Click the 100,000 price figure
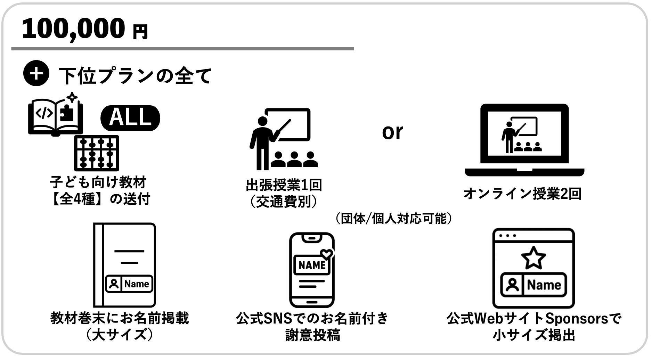[73, 28]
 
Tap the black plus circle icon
[36, 73]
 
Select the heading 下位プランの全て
[135, 75]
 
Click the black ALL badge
[130, 118]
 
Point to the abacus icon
[97, 153]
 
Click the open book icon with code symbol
[56, 115]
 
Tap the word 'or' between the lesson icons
[392, 132]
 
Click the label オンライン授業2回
[522, 194]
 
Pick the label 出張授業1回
[284, 185]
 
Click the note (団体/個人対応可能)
[393, 219]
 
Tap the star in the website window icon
[533, 257]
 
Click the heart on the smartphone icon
[326, 254]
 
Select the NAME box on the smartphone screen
[312, 265]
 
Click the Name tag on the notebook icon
[129, 284]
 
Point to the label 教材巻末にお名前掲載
[120, 318]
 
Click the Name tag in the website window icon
[533, 285]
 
